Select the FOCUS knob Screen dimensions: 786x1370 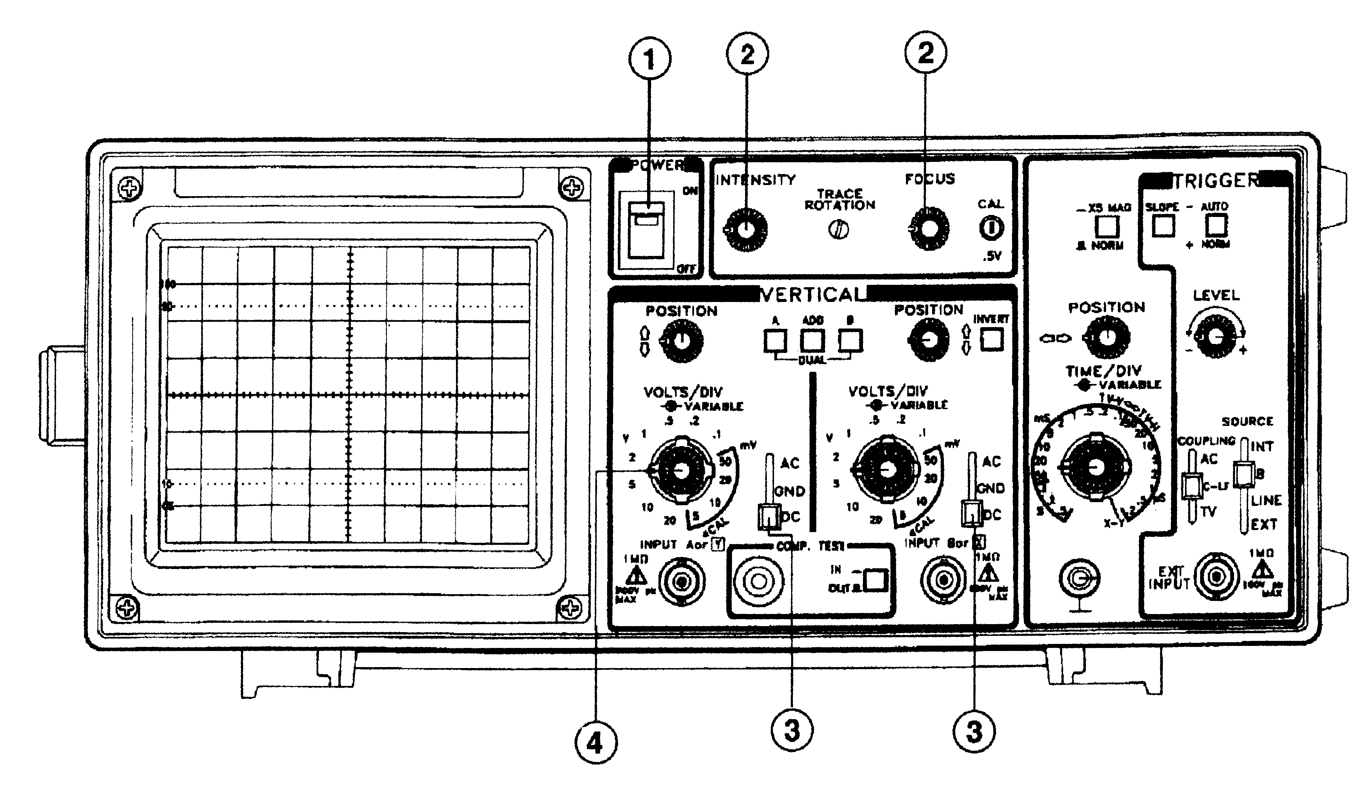[929, 229]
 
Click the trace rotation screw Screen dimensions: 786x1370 [838, 230]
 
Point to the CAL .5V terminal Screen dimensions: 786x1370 [991, 228]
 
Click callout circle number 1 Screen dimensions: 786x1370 [650, 60]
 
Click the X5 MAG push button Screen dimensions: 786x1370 [1106, 226]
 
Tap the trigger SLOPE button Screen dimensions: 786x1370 [1163, 226]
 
